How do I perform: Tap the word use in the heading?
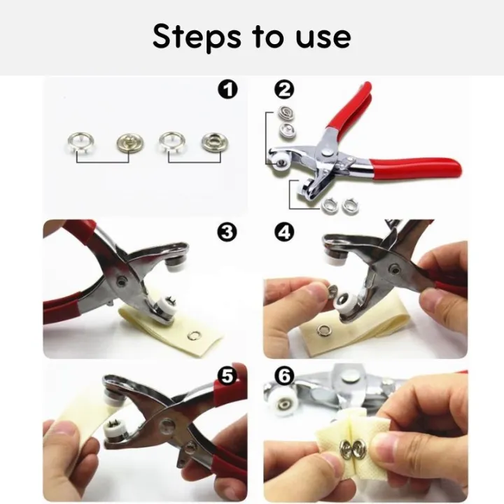(321, 38)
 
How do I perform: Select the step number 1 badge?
(228, 89)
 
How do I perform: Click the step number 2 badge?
(284, 89)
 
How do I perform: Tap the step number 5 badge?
(228, 377)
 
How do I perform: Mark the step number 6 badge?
(284, 377)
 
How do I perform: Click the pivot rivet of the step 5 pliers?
(167, 423)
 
